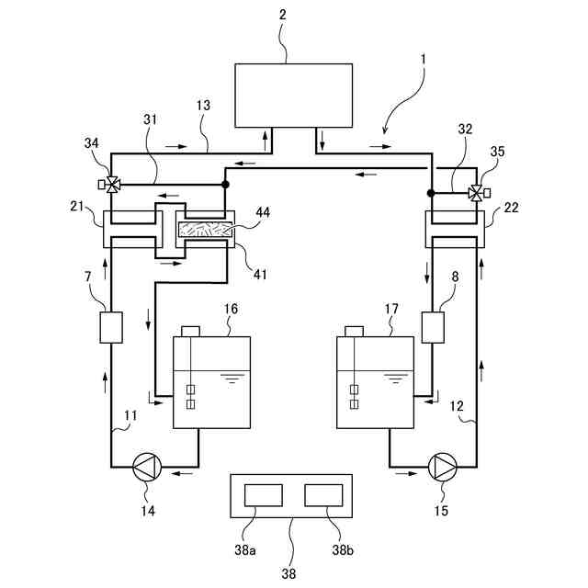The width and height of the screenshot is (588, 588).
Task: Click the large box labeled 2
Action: point(293,95)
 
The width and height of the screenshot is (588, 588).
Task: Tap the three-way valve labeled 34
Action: point(112,184)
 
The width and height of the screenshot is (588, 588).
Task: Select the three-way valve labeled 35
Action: point(476,193)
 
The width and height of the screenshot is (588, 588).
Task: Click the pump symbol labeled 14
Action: point(145,467)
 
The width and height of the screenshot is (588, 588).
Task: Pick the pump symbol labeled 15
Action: point(443,467)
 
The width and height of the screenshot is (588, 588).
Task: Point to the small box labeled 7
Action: point(110,327)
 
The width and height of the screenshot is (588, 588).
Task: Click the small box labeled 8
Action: point(432,327)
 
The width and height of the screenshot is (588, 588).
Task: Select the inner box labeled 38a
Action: point(265,496)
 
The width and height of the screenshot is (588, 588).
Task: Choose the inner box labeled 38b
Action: point(323,496)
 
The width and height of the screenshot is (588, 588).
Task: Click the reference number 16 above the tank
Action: point(231,310)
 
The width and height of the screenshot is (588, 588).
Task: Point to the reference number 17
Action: point(390,310)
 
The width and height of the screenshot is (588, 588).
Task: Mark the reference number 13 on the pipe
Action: point(202,106)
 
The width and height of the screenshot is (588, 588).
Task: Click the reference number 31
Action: point(150,119)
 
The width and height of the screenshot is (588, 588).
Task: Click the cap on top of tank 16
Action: point(192,331)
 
